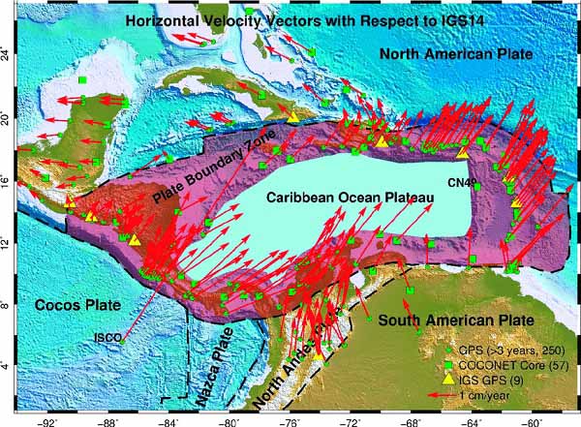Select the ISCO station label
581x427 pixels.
(107, 337)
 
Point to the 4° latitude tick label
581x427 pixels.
(10, 365)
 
